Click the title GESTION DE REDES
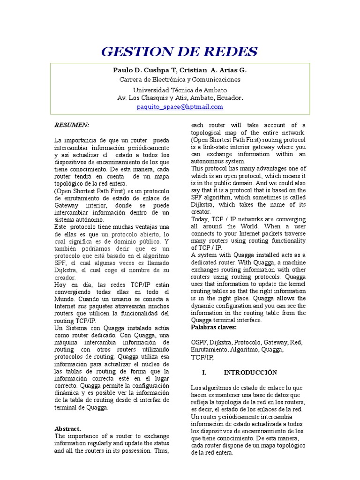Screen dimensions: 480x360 pyautogui.click(x=180, y=52)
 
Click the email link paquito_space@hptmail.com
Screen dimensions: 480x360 pyautogui.click(x=180, y=107)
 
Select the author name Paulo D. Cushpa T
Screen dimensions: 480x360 pyautogui.click(x=143, y=70)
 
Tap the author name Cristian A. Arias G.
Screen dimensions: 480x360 pyautogui.click(x=211, y=70)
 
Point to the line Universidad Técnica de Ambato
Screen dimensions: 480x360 pyautogui.click(x=180, y=90)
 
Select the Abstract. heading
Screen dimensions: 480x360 pyautogui.click(x=68, y=428)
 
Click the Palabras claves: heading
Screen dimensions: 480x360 pyautogui.click(x=214, y=327)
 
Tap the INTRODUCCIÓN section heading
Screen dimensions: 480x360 pyautogui.click(x=250, y=373)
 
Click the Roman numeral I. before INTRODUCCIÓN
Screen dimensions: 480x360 pyautogui.click(x=204, y=373)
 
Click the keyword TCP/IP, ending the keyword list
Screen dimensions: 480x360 pyautogui.click(x=202, y=357)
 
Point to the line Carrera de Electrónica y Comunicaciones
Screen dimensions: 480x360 pyautogui.click(x=180, y=80)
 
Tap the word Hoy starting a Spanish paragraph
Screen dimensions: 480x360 pyautogui.click(x=60, y=285)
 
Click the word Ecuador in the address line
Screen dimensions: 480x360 pyautogui.click(x=229, y=97)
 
